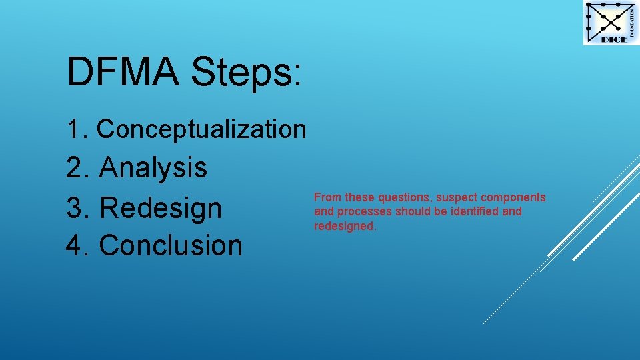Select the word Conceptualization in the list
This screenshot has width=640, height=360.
[x=201, y=129]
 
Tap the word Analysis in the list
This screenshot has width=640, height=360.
[x=153, y=167]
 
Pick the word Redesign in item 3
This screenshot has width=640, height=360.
[x=160, y=207]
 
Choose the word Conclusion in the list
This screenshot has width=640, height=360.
[x=170, y=245]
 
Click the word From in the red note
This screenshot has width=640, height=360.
[x=327, y=197]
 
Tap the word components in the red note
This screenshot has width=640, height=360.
[x=514, y=197]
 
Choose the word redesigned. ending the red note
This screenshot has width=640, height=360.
[x=345, y=226]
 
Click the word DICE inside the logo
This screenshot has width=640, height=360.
[x=614, y=39]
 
